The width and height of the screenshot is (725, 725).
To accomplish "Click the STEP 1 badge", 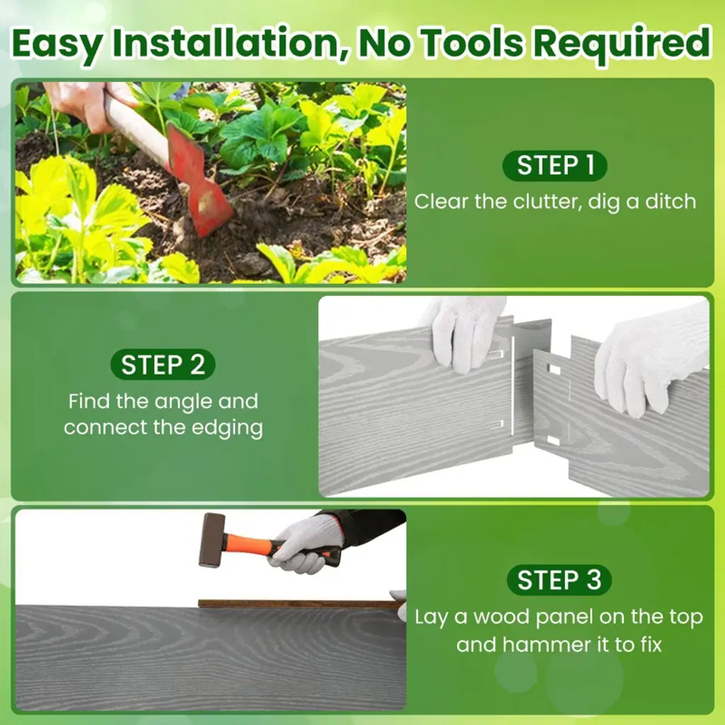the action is (554, 166).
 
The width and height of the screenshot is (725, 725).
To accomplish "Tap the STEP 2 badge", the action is (163, 365).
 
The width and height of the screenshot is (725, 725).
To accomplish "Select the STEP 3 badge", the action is (559, 580).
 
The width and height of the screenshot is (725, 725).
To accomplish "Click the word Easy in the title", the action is (57, 44).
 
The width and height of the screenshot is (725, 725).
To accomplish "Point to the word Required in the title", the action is (622, 43).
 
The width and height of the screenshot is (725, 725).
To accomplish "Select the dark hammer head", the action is (211, 540).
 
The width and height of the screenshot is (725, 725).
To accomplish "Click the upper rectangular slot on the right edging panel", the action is (553, 369).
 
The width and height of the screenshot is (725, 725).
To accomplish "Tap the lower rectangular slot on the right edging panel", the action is (553, 440).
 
